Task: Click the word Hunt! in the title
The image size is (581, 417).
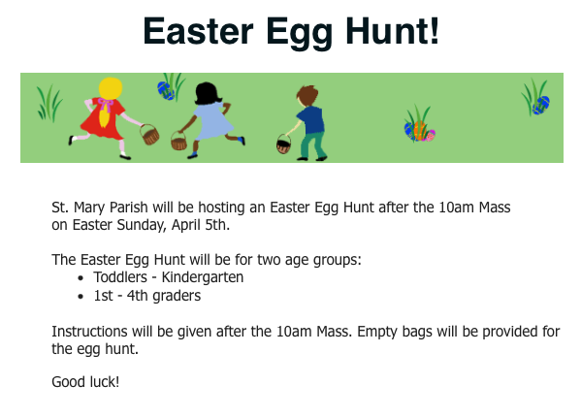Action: click(x=392, y=30)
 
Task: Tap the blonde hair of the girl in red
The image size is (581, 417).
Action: click(x=110, y=89)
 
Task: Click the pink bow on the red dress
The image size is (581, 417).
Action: click(x=105, y=105)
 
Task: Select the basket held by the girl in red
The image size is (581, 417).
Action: click(x=149, y=135)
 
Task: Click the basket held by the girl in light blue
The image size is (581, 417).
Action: click(x=178, y=141)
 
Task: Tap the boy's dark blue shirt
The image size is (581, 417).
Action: click(x=311, y=120)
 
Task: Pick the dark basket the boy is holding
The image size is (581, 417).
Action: click(x=283, y=144)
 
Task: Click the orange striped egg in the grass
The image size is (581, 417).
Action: click(x=420, y=131)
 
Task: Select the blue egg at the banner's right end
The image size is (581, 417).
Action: click(x=541, y=105)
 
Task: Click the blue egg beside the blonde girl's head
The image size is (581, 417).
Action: click(x=166, y=91)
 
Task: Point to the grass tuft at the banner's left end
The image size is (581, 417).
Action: click(x=49, y=103)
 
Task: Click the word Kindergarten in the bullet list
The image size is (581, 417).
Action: click(x=203, y=277)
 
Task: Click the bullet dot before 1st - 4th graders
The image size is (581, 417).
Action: click(x=81, y=297)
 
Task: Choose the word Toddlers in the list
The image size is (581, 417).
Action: click(x=120, y=277)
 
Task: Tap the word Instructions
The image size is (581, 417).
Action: click(x=89, y=332)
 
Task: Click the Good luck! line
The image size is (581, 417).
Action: click(x=85, y=382)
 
